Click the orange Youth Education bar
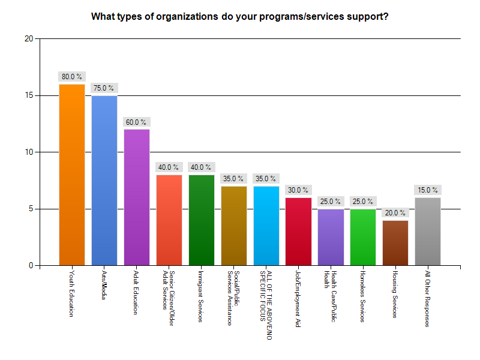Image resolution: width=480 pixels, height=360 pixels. click(x=71, y=175)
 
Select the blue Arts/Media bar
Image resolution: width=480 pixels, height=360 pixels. click(x=104, y=180)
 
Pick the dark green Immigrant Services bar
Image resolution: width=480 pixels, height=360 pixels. click(x=201, y=220)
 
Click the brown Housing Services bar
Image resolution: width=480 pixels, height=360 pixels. click(x=395, y=242)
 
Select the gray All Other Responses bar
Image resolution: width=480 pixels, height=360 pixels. click(x=428, y=231)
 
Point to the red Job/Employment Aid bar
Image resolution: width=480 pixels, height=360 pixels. click(x=298, y=231)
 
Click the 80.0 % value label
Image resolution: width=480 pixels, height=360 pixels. click(x=71, y=77)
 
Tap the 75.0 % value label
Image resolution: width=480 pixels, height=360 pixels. click(x=104, y=88)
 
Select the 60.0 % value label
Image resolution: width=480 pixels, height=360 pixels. click(x=136, y=122)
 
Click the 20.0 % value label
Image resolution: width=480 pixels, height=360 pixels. click(x=395, y=213)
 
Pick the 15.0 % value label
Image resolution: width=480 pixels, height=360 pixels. click(x=428, y=190)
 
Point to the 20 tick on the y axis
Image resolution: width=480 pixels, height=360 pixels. click(x=28, y=39)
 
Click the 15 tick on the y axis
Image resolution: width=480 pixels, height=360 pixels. click(x=28, y=95)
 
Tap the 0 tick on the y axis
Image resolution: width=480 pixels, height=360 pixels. click(x=31, y=265)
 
